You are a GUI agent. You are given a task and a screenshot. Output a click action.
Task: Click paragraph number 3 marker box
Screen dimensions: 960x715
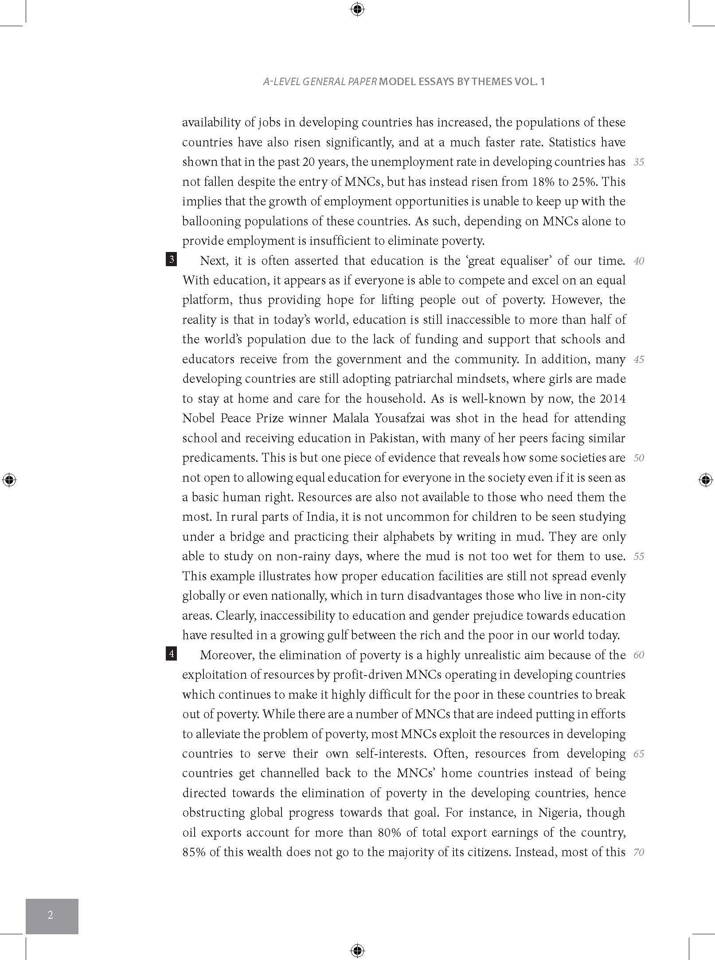click(x=171, y=259)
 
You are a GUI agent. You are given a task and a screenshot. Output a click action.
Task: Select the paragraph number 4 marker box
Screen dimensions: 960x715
click(x=171, y=653)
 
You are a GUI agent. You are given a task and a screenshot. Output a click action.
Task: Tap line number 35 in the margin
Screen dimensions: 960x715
click(x=639, y=162)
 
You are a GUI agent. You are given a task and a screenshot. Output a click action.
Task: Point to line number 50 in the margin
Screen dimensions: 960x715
click(x=639, y=458)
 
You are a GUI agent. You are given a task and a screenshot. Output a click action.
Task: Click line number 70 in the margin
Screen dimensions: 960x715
click(x=639, y=852)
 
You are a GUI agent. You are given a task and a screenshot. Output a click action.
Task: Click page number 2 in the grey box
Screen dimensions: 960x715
click(x=51, y=914)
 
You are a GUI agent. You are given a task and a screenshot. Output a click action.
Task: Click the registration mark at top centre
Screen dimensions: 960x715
click(x=357, y=9)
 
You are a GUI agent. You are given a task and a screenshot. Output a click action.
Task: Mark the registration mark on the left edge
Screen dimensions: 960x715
click(x=9, y=480)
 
